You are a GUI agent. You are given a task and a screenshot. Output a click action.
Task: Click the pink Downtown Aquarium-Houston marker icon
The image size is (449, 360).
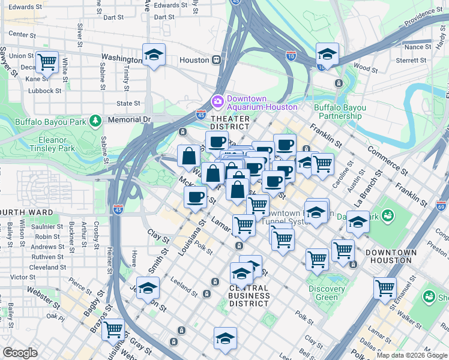coord(217,100)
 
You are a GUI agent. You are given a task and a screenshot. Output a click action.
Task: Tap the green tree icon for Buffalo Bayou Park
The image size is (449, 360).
coord(95,121)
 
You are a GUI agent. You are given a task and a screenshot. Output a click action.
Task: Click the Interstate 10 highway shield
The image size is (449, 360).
coord(291,56)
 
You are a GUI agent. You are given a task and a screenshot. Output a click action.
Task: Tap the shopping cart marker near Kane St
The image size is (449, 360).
coord(47,61)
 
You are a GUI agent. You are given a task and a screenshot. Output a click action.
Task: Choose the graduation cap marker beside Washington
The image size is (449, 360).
coord(154,55)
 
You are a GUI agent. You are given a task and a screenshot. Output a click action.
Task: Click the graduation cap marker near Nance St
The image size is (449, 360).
coord(327,55)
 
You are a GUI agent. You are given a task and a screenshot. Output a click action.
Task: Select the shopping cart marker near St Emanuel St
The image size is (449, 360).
coord(385,287)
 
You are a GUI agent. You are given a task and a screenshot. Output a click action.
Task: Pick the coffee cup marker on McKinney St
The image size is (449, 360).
coord(195,197)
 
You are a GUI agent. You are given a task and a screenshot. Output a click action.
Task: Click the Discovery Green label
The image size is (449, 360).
coord(327,293)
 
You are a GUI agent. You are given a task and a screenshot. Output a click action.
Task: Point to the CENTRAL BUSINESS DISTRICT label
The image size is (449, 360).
coord(249,296)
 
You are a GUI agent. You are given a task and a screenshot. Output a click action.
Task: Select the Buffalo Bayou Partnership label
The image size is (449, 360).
coord(340,112)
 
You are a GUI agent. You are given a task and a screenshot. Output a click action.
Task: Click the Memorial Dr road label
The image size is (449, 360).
coord(129,119)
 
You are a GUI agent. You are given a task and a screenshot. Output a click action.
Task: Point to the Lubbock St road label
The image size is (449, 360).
coord(46,91)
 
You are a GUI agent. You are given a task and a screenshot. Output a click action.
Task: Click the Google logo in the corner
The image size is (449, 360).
coord(20,353)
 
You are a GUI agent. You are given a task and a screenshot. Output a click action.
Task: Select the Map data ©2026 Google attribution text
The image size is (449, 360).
coord(411,355)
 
